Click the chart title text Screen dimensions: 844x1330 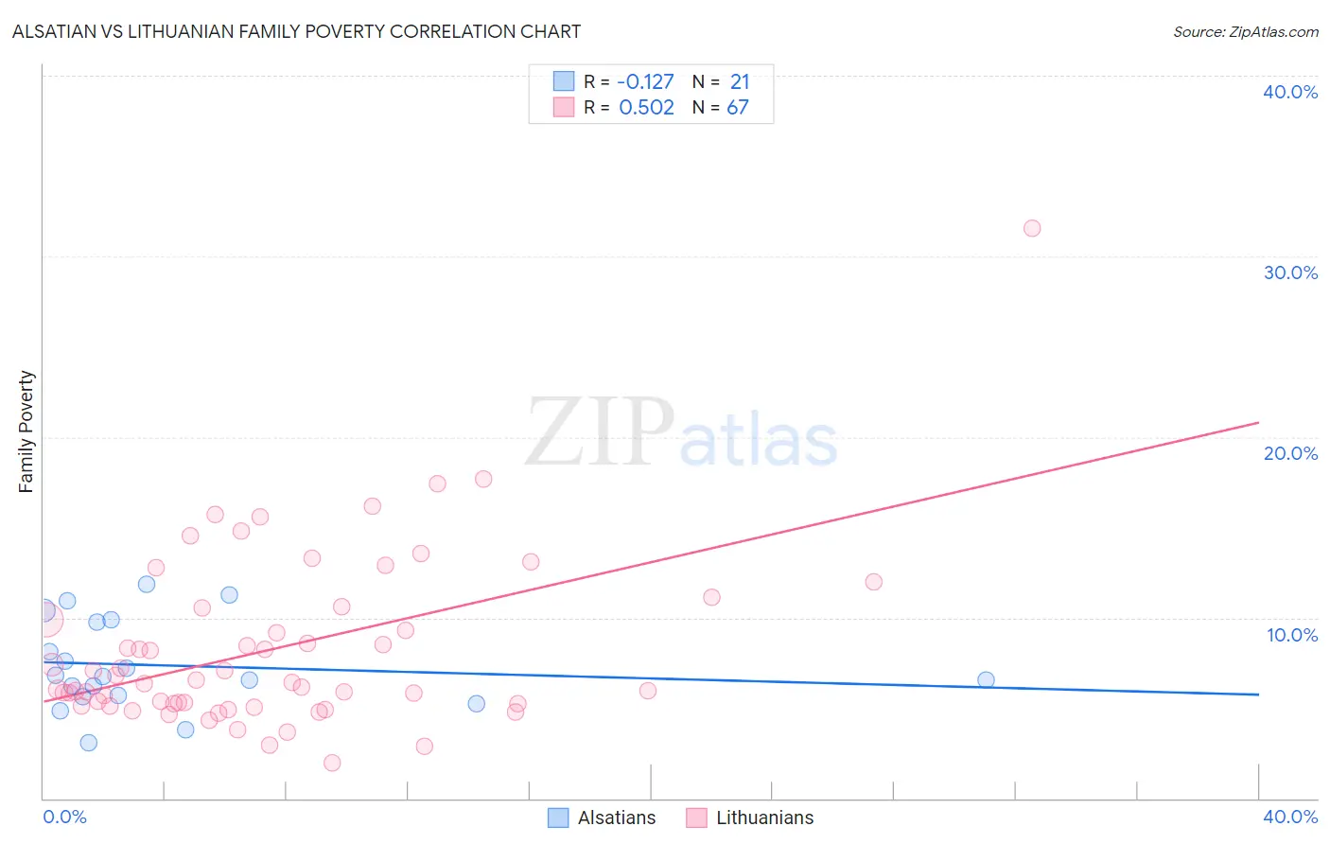(296, 32)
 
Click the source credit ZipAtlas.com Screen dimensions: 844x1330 (1245, 32)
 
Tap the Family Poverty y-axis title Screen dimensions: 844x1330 (26, 431)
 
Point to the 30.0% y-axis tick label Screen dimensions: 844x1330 (1290, 273)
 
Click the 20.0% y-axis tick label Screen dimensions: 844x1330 (1290, 453)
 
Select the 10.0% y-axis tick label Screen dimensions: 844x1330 (1291, 635)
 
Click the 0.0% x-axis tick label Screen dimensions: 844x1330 (64, 817)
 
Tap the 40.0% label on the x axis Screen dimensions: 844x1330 (1290, 817)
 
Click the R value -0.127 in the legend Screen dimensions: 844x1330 (645, 82)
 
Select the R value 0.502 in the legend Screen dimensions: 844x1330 (646, 108)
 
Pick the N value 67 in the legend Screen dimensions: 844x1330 (738, 108)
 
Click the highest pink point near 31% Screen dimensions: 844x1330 (1032, 228)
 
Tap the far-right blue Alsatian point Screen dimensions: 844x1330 (986, 679)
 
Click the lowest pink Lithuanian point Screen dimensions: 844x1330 (332, 763)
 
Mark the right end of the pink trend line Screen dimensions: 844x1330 (1258, 422)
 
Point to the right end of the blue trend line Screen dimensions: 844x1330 (1258, 695)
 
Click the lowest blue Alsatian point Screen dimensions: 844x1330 (88, 743)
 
